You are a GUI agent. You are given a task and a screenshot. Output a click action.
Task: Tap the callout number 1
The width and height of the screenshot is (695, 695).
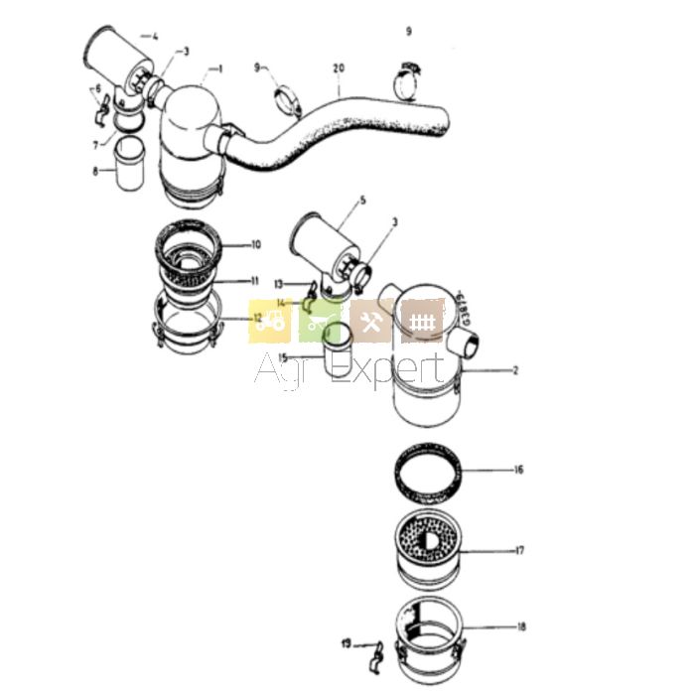point(219,69)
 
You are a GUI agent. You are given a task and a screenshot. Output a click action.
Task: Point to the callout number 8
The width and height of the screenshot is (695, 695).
point(96,170)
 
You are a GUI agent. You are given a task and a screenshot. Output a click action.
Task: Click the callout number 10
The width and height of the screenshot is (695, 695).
point(256,244)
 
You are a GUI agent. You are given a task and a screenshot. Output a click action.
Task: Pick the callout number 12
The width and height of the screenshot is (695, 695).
point(257,319)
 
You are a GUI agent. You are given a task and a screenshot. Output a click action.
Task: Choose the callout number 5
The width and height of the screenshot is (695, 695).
point(363,201)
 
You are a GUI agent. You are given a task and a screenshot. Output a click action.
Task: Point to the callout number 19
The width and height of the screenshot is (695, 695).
point(347,644)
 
